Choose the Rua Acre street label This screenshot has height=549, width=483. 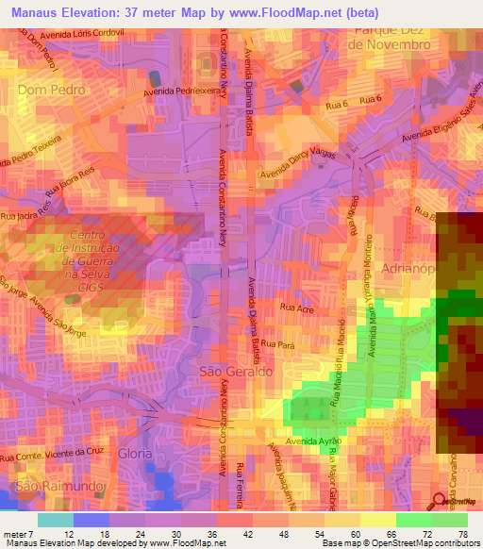pos(295,308)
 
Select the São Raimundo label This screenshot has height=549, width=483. pos(42,487)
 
